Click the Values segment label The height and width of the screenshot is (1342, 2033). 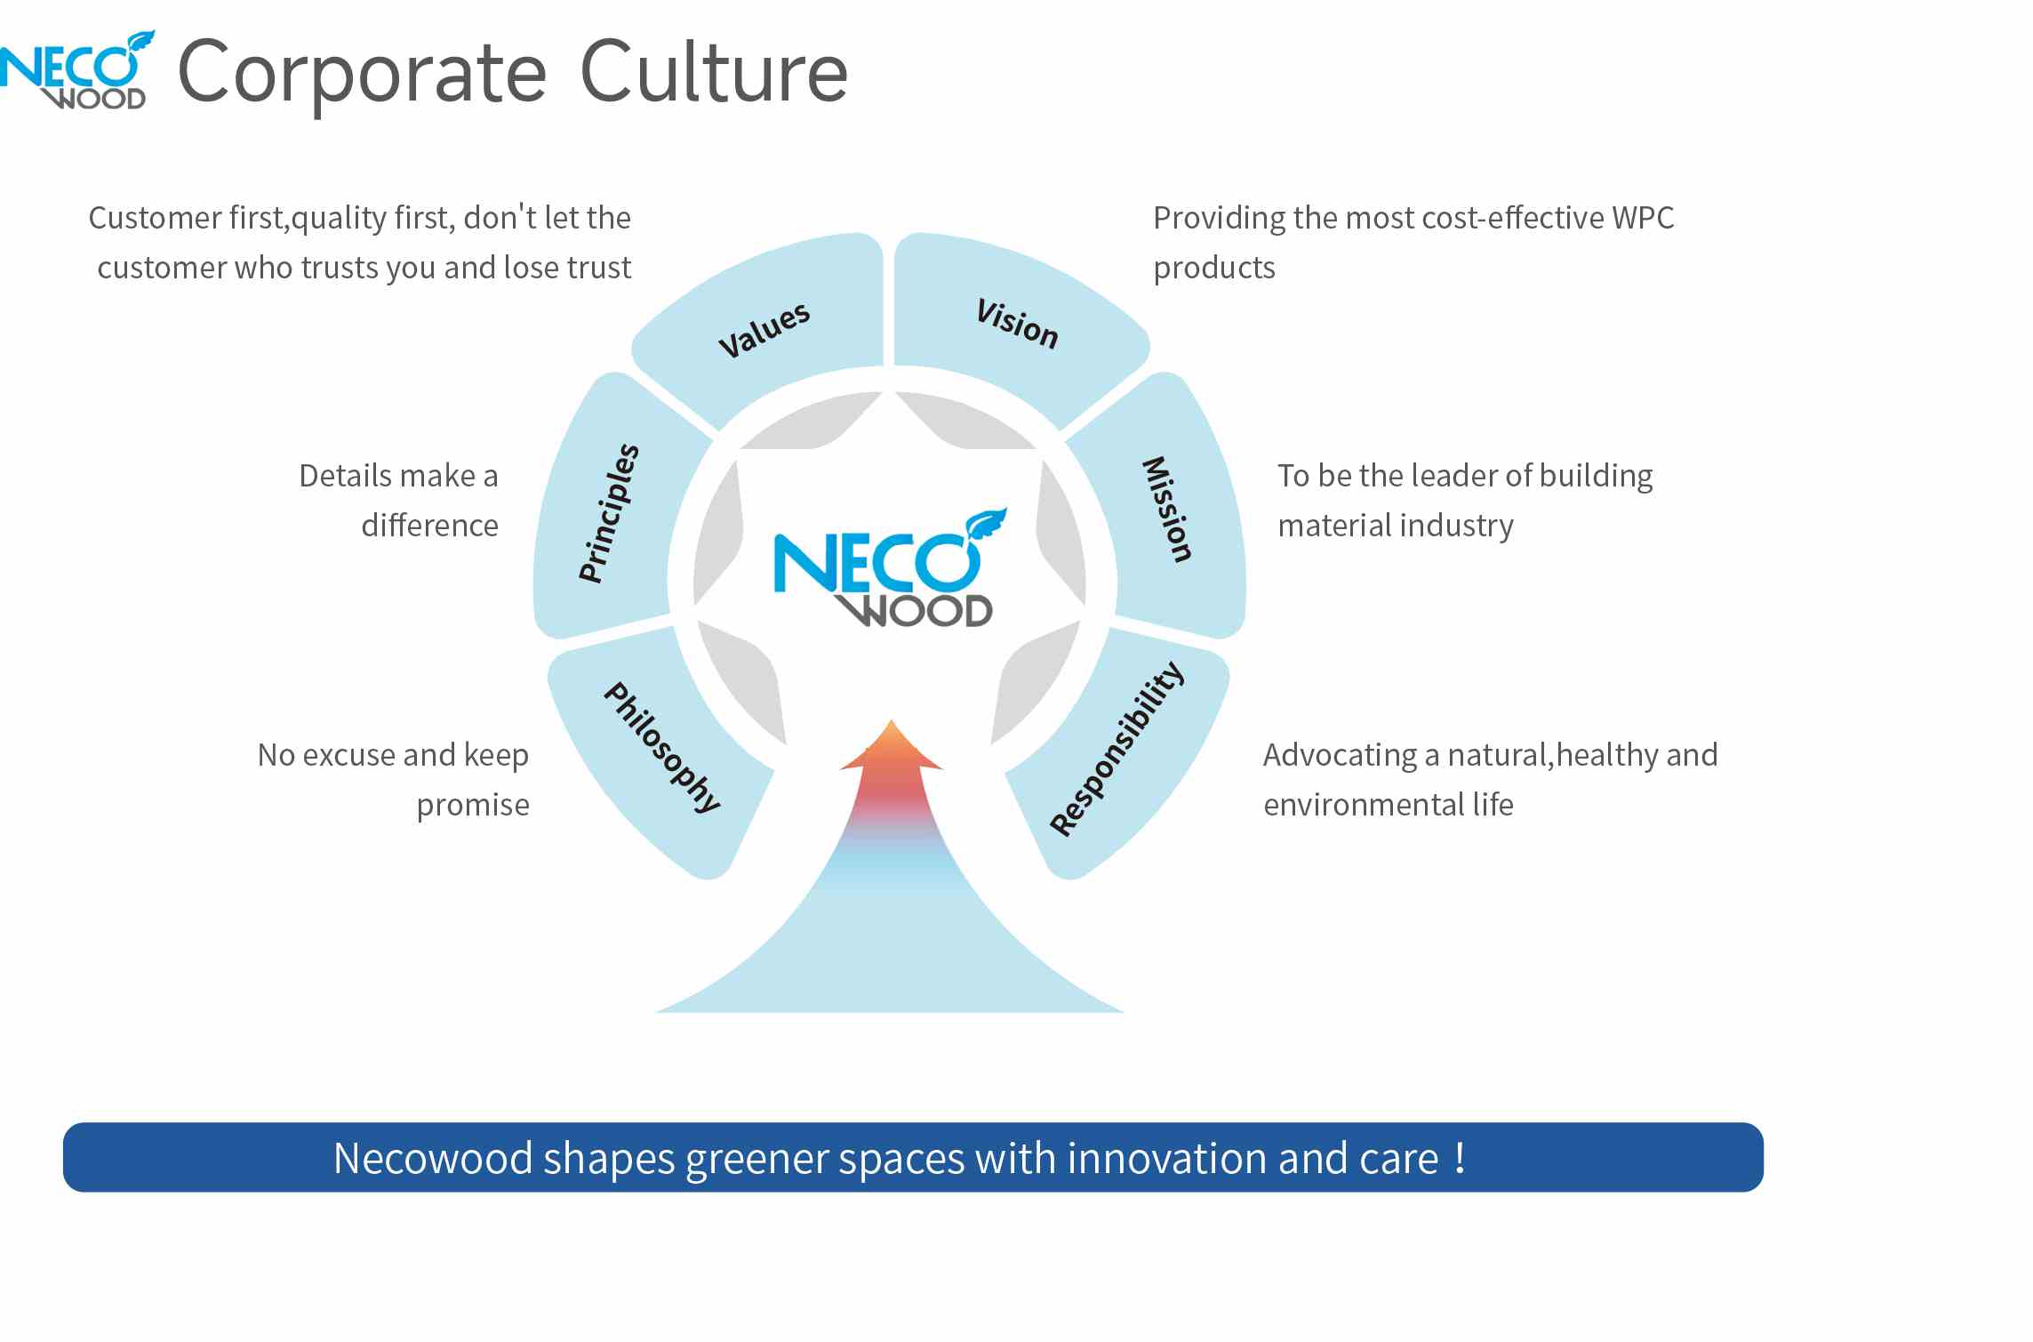[764, 329]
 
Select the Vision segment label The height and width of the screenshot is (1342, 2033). [1018, 324]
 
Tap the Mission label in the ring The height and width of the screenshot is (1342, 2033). [1167, 510]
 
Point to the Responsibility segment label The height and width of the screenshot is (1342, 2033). [1117, 749]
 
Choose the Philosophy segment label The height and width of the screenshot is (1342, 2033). [662, 747]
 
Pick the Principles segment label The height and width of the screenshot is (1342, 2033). [609, 513]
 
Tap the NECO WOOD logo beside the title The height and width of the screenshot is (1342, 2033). [76, 70]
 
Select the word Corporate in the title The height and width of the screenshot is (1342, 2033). [362, 76]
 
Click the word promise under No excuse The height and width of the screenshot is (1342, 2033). [473, 806]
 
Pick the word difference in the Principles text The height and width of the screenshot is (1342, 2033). [429, 526]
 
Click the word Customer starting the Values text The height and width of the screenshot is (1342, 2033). [156, 218]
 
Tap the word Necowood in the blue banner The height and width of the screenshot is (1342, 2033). [433, 1158]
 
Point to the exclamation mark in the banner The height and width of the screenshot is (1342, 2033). [1460, 1157]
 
